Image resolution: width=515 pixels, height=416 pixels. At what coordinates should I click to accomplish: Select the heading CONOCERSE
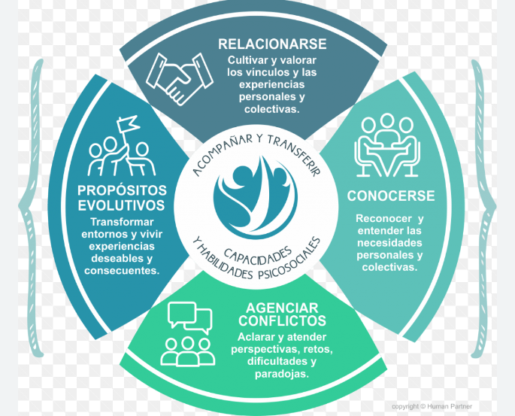point(390,196)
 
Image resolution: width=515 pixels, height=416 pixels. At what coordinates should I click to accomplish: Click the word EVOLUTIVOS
point(121,205)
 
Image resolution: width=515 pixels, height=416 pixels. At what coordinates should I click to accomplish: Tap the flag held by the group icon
point(129,123)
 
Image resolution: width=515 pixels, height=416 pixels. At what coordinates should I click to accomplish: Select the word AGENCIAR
point(281,308)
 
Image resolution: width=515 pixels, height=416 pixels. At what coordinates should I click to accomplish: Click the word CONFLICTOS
point(281,321)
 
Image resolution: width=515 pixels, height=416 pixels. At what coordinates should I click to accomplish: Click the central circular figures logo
point(255,197)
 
